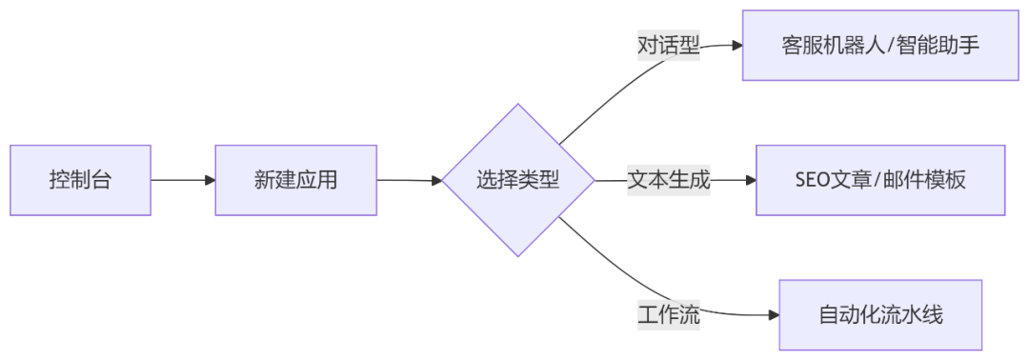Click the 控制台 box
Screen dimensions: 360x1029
click(x=80, y=180)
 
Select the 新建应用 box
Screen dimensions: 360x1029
click(x=295, y=180)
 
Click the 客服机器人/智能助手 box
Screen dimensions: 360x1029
click(x=880, y=46)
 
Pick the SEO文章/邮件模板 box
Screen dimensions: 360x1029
click(x=880, y=180)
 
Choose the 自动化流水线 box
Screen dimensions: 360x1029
click(x=880, y=315)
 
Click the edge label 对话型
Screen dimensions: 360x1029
click(x=668, y=46)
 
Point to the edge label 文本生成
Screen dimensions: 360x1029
click(x=668, y=180)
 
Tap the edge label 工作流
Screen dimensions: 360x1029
click(x=668, y=315)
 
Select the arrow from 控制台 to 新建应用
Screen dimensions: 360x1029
click(x=181, y=180)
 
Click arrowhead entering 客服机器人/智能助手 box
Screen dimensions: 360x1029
click(x=736, y=46)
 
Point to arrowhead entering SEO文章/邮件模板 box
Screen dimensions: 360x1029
click(x=750, y=180)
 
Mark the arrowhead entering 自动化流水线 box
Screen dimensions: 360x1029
click(x=773, y=315)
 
